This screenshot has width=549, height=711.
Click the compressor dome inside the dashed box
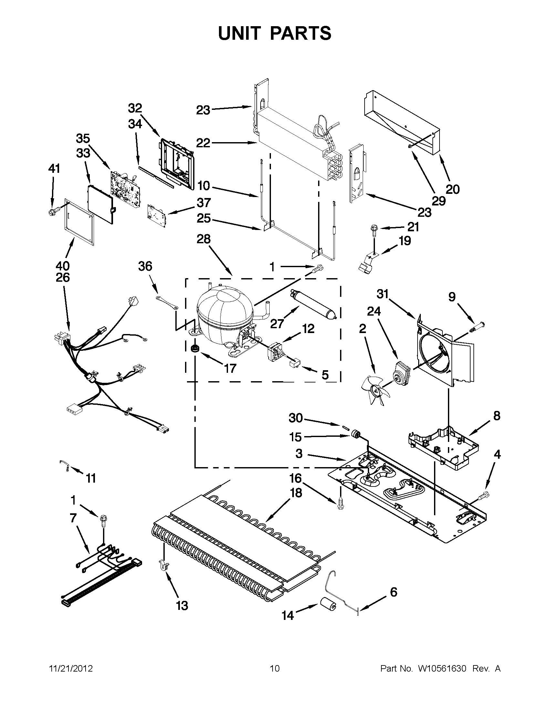224,311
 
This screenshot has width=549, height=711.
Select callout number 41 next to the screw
54,169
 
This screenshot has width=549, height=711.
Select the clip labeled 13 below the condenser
163,565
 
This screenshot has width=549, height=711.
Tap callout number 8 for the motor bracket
496,416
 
